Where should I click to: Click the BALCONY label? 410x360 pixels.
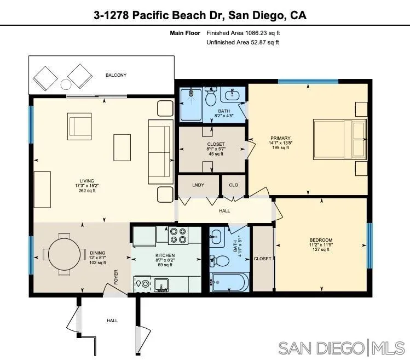(x=116, y=75)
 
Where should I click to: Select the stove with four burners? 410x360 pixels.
(x=178, y=235)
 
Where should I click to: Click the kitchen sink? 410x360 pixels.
(x=162, y=284)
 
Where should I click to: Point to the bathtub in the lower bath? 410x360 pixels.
(x=229, y=283)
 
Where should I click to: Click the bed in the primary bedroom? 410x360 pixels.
(x=339, y=140)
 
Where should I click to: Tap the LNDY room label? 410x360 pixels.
(x=198, y=185)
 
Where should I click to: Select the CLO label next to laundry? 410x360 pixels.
(x=234, y=185)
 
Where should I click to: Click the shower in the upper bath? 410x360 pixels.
(x=191, y=104)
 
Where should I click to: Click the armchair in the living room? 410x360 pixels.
(x=80, y=126)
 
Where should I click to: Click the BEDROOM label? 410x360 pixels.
(x=321, y=240)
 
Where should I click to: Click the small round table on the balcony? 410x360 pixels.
(x=66, y=84)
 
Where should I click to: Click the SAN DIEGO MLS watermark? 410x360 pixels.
(x=341, y=347)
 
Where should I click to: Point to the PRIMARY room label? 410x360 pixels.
(x=280, y=138)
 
